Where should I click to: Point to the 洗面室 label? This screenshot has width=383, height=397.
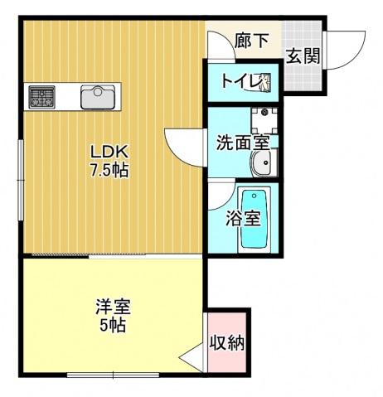pyautogui.click(x=243, y=142)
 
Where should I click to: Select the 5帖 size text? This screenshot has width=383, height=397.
pyautogui.click(x=113, y=326)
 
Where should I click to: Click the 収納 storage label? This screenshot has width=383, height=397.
pyautogui.click(x=226, y=341)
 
